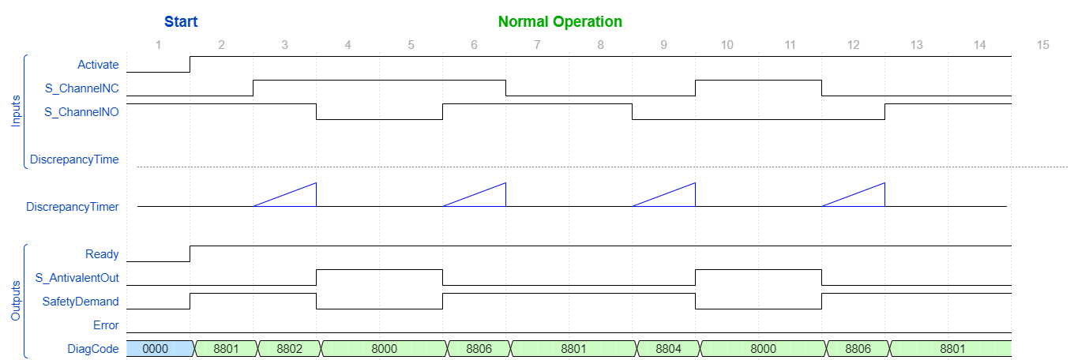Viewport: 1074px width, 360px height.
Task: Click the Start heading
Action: click(x=181, y=21)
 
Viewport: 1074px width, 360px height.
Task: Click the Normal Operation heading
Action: click(x=560, y=21)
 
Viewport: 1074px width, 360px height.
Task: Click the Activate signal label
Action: click(x=98, y=65)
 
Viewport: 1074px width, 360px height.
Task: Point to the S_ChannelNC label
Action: click(x=81, y=88)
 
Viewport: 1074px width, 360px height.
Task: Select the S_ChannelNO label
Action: click(x=81, y=112)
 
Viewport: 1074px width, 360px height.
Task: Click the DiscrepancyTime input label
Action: click(x=74, y=159)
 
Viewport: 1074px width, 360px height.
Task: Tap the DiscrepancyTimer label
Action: click(x=72, y=207)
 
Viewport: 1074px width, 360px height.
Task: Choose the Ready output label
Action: click(x=102, y=254)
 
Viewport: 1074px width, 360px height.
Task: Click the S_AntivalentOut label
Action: click(x=77, y=278)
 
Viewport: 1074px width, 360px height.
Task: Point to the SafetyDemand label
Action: click(x=81, y=302)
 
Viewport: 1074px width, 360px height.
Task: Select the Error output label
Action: click(x=106, y=325)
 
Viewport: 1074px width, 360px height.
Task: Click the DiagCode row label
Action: click(x=95, y=349)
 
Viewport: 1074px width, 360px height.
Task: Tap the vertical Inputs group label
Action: click(x=16, y=111)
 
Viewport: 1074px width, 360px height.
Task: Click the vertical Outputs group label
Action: click(x=16, y=301)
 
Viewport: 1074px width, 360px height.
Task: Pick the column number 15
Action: click(x=1042, y=45)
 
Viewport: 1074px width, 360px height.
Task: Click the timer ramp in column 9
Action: click(x=663, y=194)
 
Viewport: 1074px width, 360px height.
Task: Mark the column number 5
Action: click(x=411, y=45)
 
